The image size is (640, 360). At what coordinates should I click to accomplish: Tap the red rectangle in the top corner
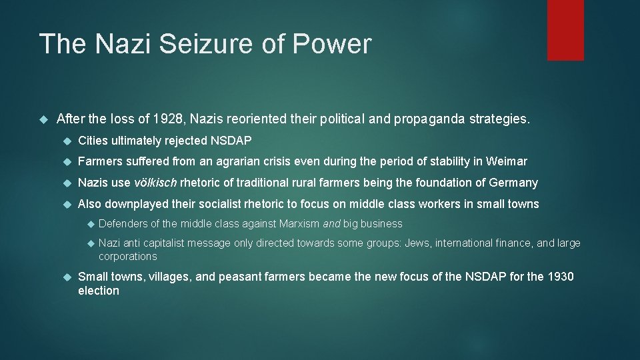click(x=565, y=30)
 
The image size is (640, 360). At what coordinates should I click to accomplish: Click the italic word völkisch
click(x=155, y=183)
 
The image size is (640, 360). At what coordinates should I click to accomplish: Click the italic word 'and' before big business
click(x=331, y=223)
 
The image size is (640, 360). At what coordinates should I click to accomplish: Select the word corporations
click(x=128, y=257)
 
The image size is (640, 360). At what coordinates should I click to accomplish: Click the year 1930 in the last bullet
click(x=561, y=277)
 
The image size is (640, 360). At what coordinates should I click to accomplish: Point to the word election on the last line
click(x=99, y=291)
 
